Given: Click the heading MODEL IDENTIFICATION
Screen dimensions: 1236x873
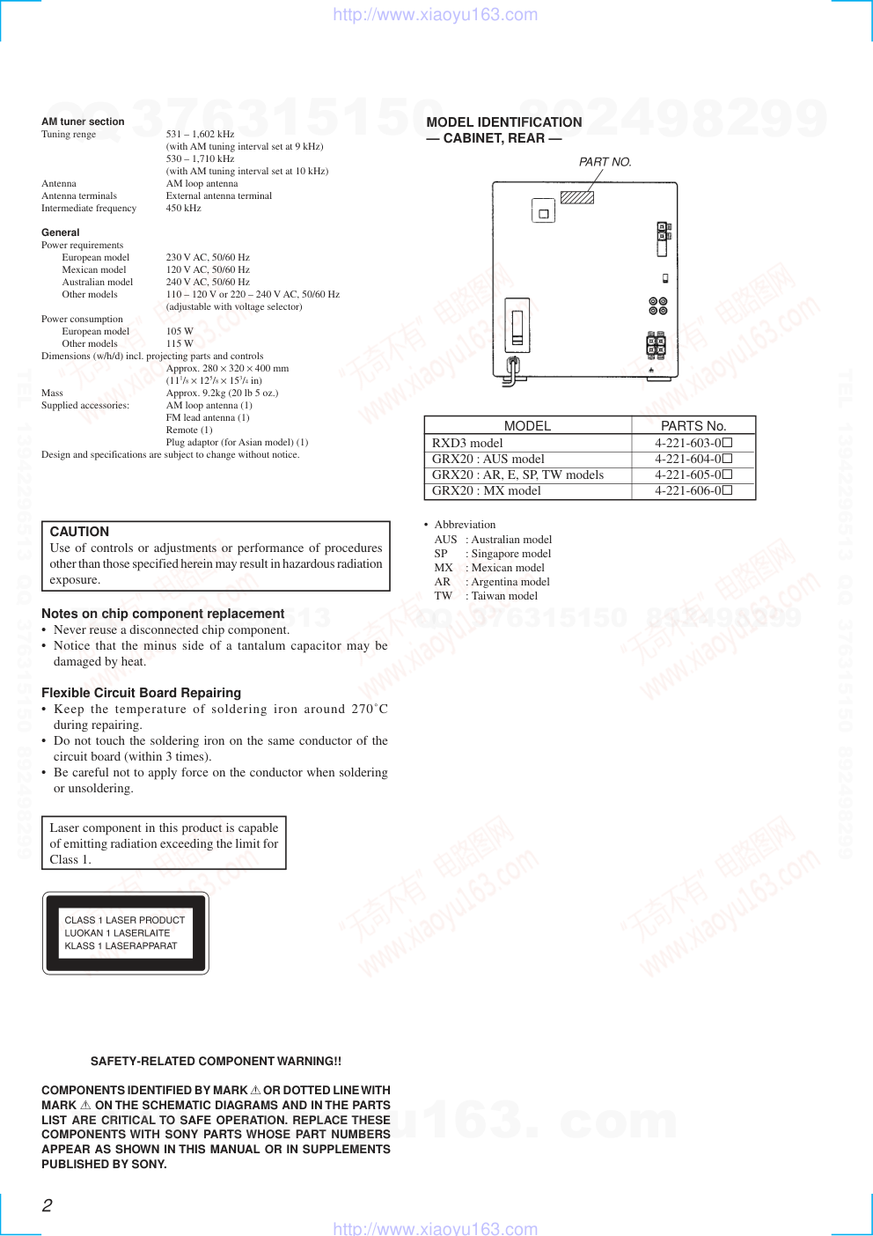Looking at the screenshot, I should pos(504,122).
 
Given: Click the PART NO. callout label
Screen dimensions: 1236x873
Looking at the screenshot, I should pos(605,162).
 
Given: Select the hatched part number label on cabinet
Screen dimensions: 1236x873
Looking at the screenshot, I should pos(577,197).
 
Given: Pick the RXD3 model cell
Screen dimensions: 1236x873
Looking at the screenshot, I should pos(467,443).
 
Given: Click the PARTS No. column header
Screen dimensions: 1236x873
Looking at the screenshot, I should pos(693,425).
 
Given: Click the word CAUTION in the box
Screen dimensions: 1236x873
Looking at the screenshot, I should pos(79,532).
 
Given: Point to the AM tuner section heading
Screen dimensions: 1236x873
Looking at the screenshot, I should pos(83,121).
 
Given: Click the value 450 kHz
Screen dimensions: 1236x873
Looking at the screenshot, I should pos(183,208).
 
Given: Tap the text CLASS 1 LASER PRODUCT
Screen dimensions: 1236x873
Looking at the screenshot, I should pos(124,920).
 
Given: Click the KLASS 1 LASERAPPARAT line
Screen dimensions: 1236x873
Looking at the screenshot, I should pos(121,945).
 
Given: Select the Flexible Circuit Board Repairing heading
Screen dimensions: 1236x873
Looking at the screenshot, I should pos(141,693).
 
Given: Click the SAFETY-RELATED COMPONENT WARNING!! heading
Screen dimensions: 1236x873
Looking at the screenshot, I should pos(216,1061).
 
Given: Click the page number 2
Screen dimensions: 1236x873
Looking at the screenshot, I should pos(48,1205).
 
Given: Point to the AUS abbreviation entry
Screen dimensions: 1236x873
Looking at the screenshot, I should pos(445,540).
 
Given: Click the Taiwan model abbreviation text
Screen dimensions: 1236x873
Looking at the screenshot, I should pos(504,596).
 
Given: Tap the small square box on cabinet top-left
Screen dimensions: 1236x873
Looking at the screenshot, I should pos(543,212).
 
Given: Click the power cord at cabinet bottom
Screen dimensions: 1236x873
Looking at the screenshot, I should pos(511,371).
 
